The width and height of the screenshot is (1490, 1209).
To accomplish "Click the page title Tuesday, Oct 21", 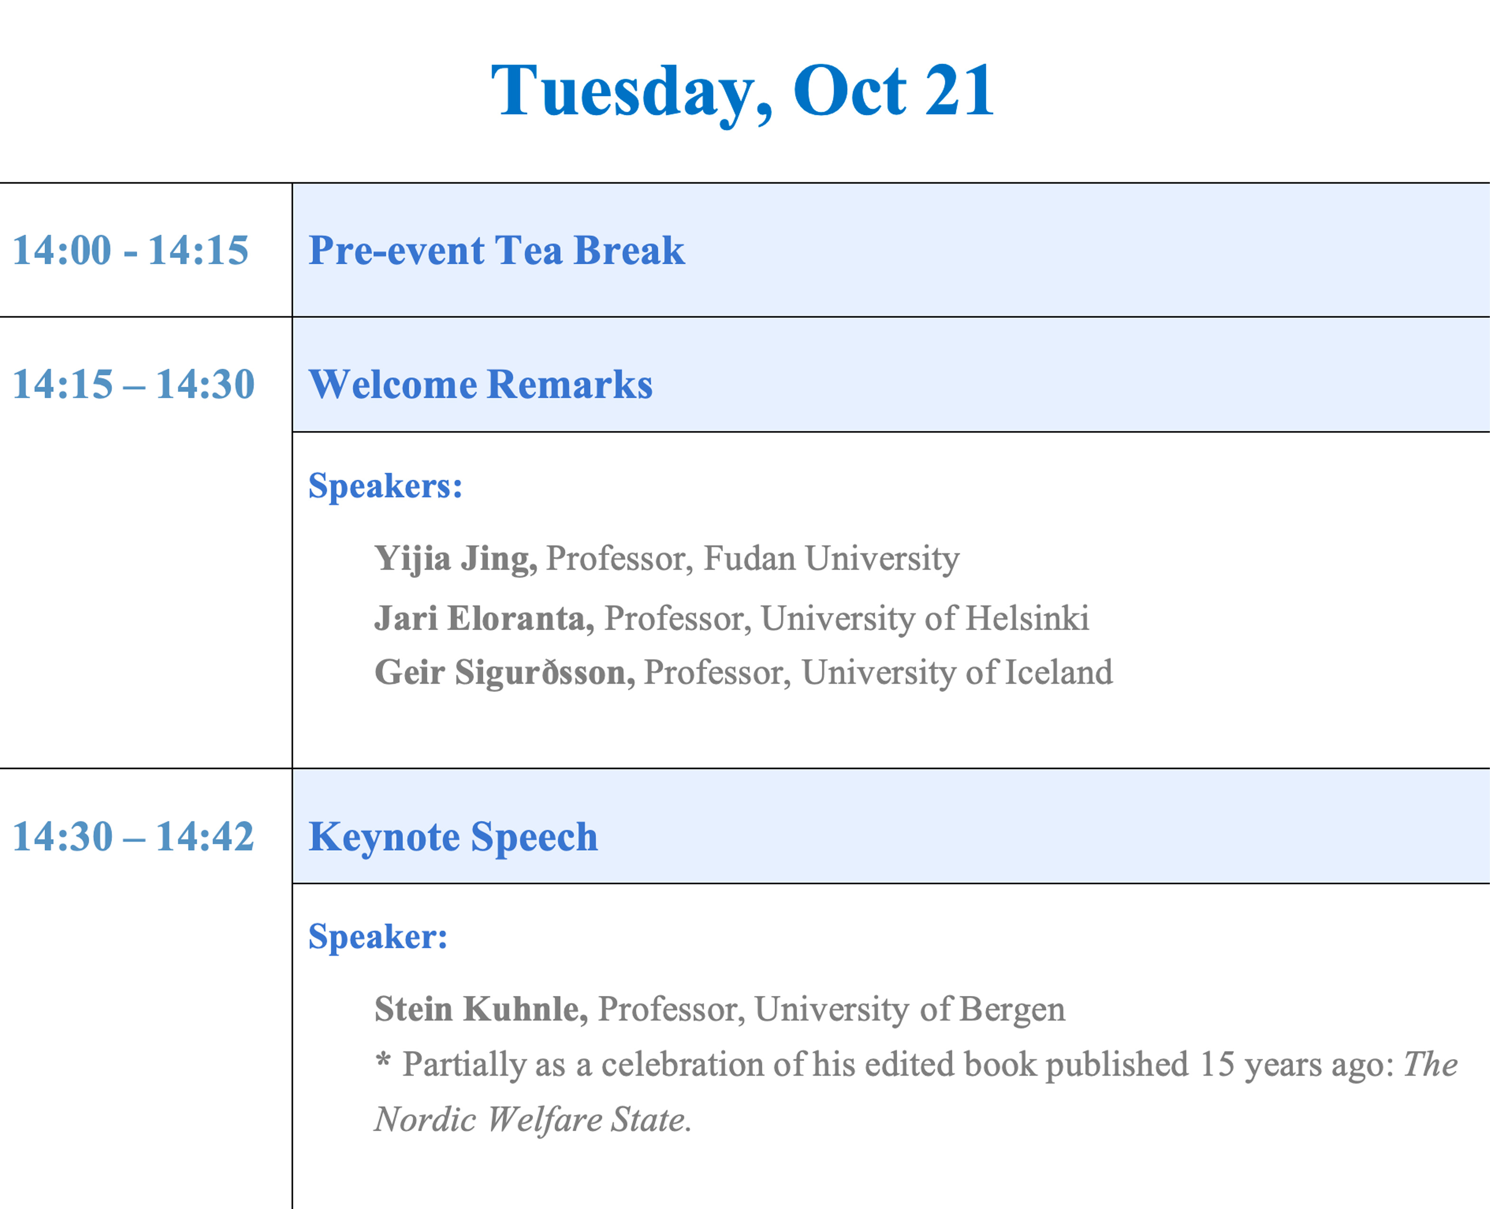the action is (x=742, y=93).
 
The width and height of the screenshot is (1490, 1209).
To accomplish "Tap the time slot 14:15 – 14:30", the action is (x=134, y=384).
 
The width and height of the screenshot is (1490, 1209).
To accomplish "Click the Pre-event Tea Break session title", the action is (x=497, y=250).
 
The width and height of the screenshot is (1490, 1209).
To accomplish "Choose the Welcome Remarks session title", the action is (x=481, y=384).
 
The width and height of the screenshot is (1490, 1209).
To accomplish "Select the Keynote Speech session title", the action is (x=453, y=837).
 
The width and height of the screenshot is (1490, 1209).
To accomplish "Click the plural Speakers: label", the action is (x=385, y=485).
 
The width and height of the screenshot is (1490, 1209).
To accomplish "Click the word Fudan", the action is (x=750, y=558).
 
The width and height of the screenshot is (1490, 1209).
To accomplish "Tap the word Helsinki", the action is (x=1028, y=618).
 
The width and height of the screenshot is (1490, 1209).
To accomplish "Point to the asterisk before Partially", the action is (x=383, y=1060).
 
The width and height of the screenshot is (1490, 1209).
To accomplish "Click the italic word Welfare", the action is (x=545, y=1120).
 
